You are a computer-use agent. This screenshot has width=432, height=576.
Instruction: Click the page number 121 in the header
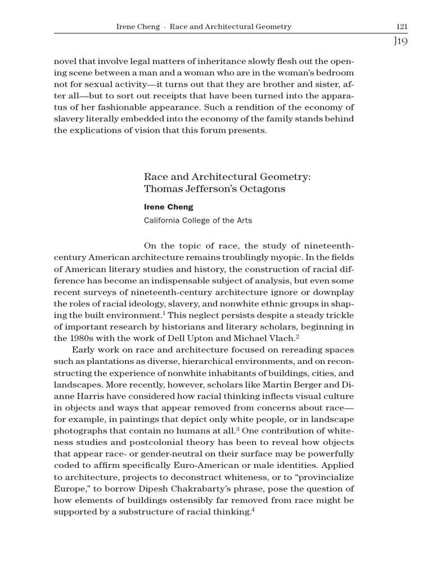coord(402,26)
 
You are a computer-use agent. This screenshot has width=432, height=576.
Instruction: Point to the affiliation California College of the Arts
coord(198,220)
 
